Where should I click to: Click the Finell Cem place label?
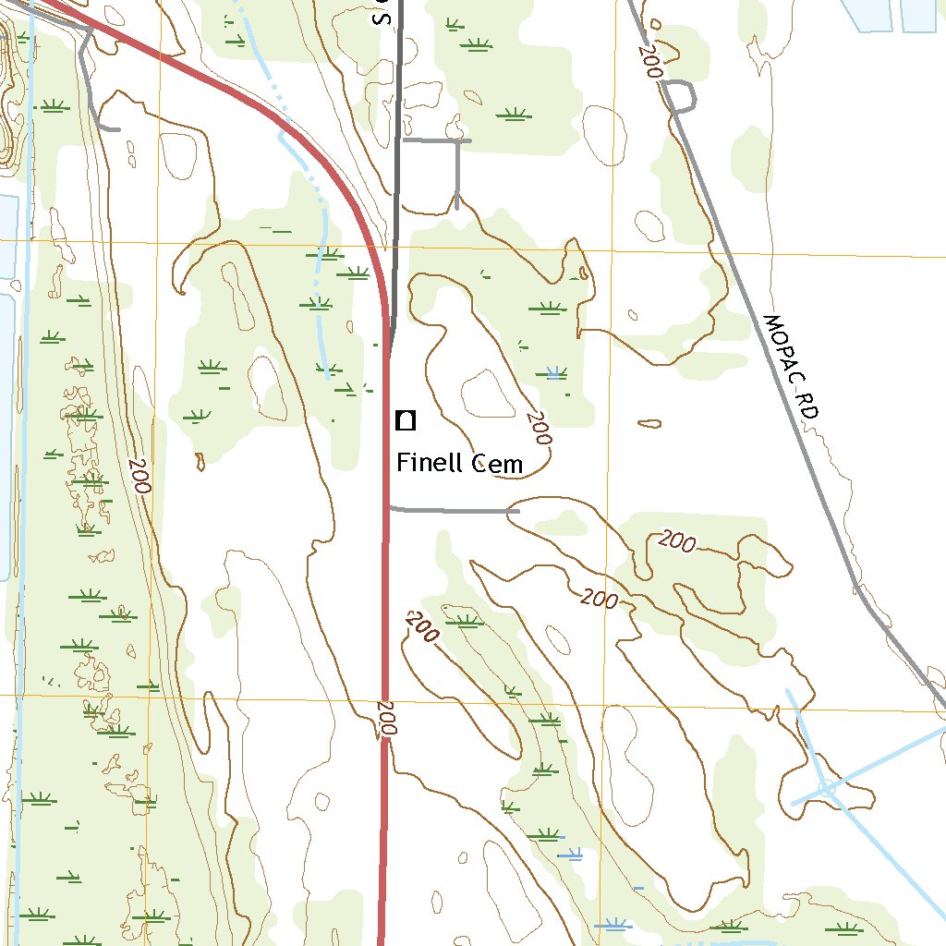coord(459,463)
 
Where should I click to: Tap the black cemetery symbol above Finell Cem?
coord(405,421)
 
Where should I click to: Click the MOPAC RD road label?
coord(792,368)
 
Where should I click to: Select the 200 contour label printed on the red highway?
coord(386,718)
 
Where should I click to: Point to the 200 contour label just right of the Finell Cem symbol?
coord(539,428)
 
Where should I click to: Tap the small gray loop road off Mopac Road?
coord(681,96)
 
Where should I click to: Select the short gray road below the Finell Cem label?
coord(453,510)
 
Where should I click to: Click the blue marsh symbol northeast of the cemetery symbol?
coord(554,373)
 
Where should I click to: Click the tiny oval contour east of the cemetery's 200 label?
coord(650,424)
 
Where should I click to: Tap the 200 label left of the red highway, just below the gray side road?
coord(421,628)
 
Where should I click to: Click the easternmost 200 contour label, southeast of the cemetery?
coord(677,541)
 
